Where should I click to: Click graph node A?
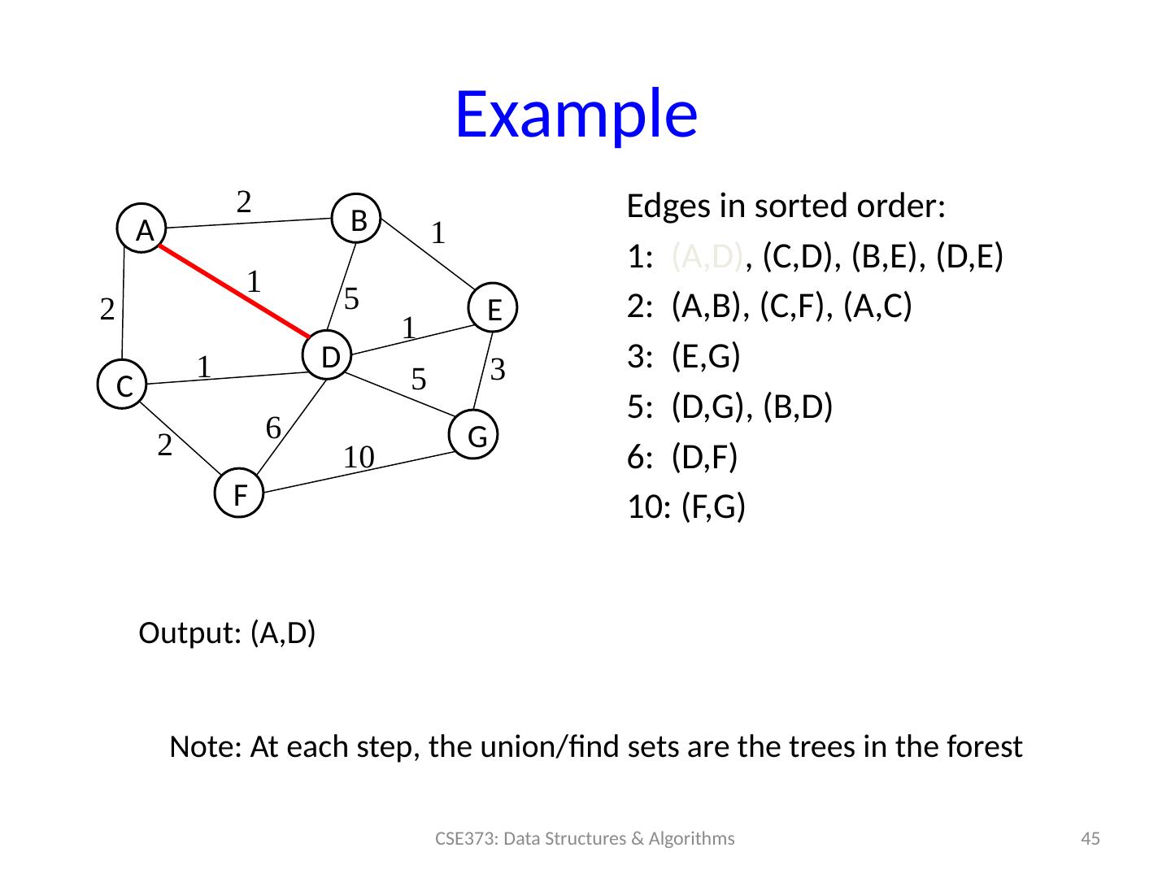(145, 230)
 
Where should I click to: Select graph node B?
(359, 218)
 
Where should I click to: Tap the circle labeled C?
(123, 385)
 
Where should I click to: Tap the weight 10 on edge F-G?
(358, 458)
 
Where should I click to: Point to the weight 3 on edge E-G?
(499, 370)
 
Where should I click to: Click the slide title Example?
(576, 114)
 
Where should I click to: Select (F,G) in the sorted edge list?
(713, 507)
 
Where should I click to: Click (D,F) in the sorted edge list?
(704, 458)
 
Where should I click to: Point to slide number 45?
(1090, 839)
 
